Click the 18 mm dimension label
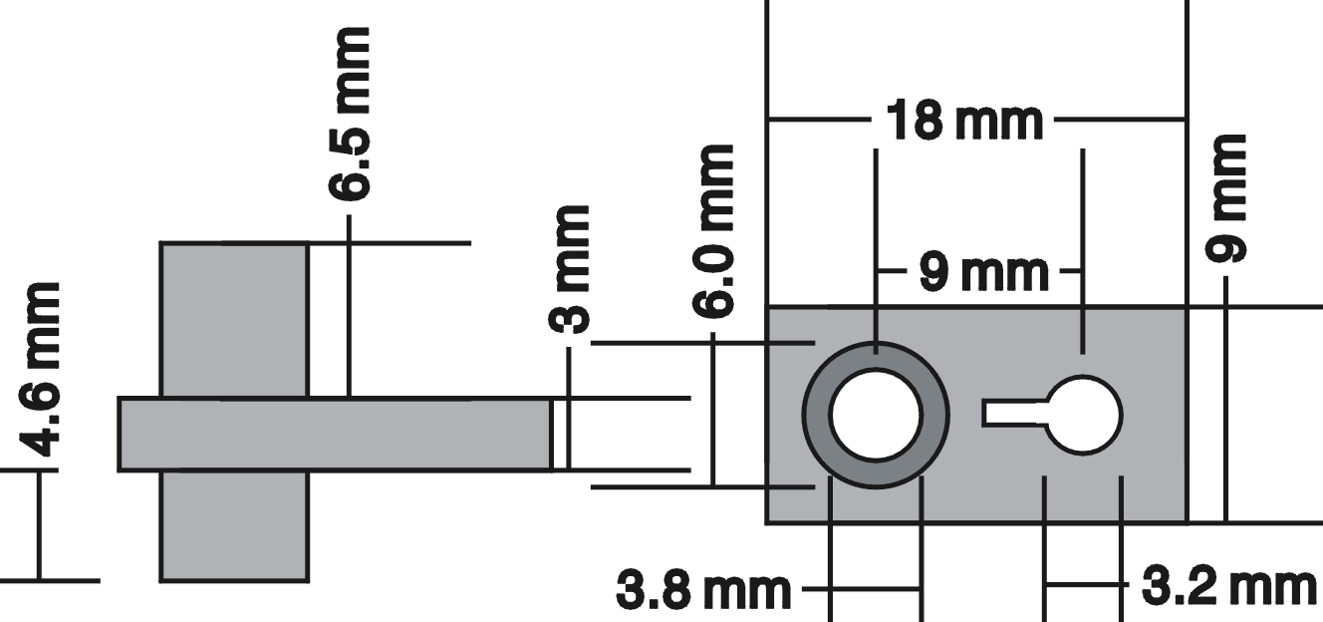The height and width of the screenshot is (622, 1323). click(x=964, y=121)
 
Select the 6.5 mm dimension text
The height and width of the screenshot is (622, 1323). click(x=350, y=114)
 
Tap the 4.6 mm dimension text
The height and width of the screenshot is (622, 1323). click(x=40, y=369)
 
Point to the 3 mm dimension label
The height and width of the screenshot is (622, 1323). click(x=569, y=269)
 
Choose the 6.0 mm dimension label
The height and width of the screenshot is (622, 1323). click(x=713, y=230)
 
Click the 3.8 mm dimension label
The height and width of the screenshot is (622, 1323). click(x=703, y=590)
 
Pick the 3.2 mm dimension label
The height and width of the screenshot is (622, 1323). click(x=1228, y=586)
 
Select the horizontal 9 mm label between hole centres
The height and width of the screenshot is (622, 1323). click(x=983, y=272)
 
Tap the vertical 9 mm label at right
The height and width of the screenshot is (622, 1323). click(x=1225, y=198)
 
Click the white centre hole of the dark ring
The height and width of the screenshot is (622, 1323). click(x=876, y=415)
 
